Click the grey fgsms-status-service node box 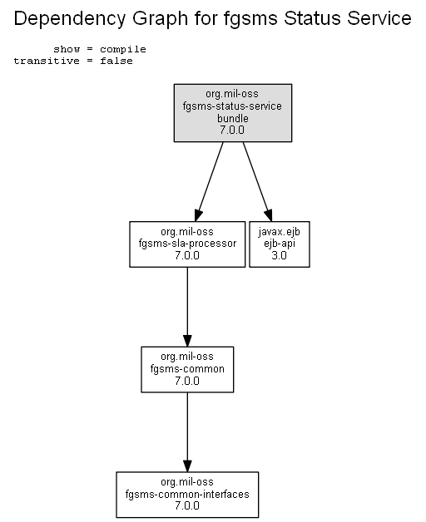(x=233, y=113)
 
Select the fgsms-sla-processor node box (x=187, y=244)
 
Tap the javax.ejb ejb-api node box (x=280, y=244)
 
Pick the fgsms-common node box (x=187, y=370)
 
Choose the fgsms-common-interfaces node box (x=187, y=495)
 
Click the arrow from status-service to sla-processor (x=209, y=182)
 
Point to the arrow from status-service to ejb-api (x=258, y=182)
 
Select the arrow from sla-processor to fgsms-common (x=187, y=307)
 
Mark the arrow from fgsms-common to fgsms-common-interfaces (x=187, y=432)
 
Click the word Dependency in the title (x=70, y=19)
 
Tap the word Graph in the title (x=161, y=19)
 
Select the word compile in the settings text (x=123, y=50)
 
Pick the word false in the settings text (x=116, y=61)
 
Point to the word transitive (x=47, y=61)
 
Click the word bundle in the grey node (x=233, y=119)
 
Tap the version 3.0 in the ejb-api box (x=280, y=256)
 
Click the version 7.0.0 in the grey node (x=232, y=130)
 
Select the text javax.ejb (x=280, y=232)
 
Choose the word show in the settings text (x=67, y=49)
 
